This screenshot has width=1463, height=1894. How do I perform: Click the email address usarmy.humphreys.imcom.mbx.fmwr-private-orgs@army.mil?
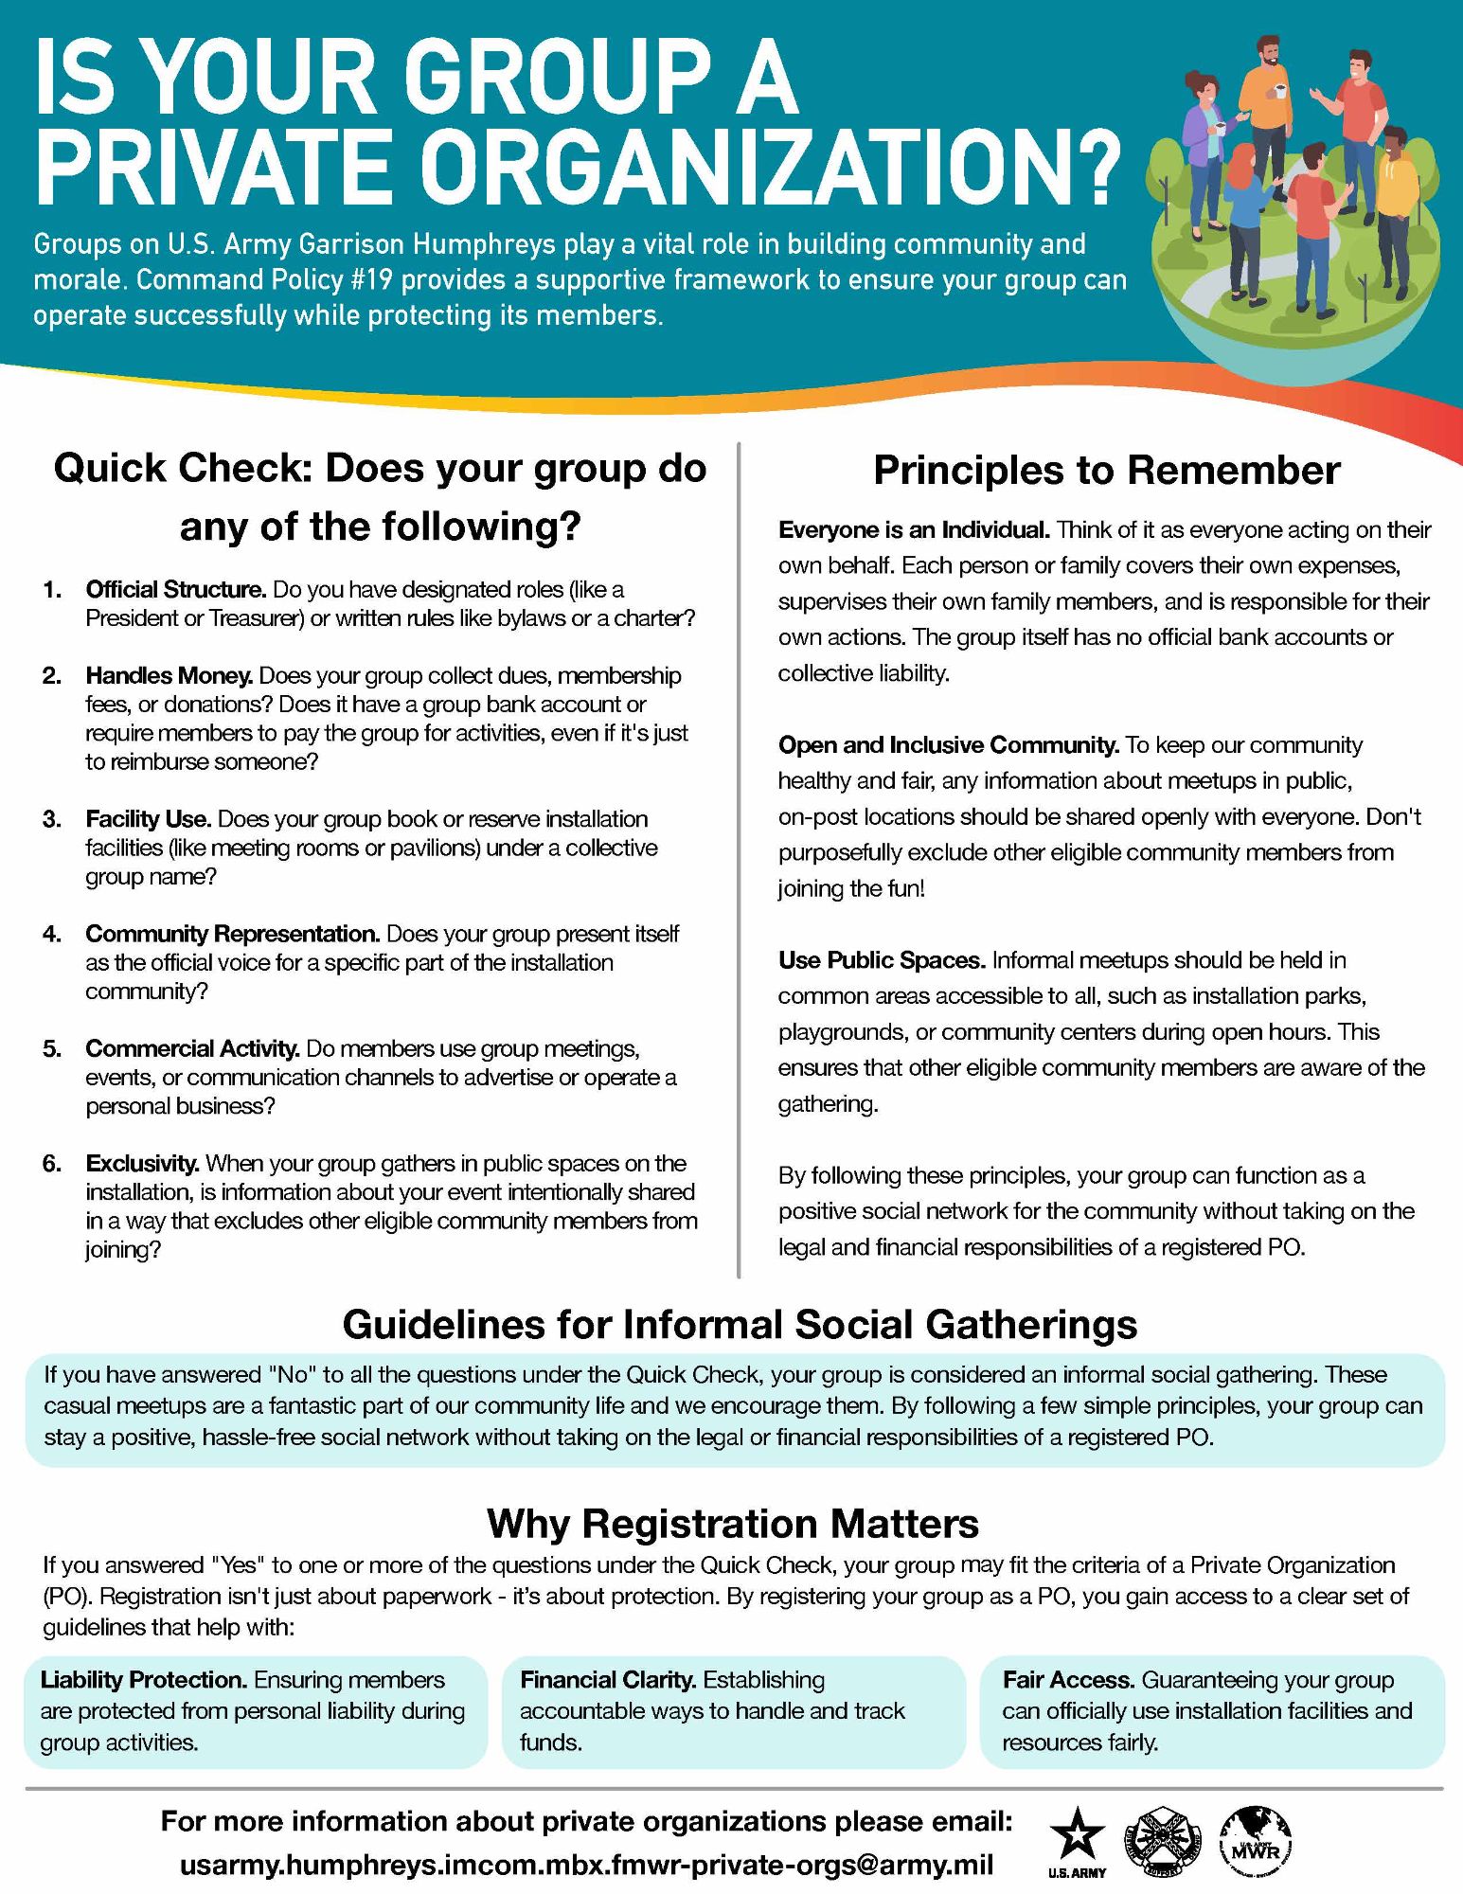(x=586, y=1865)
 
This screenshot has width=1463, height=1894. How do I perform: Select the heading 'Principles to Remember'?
(x=1106, y=471)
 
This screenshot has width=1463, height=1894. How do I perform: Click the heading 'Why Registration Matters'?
(x=732, y=1524)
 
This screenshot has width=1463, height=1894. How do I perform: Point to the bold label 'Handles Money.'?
(x=169, y=676)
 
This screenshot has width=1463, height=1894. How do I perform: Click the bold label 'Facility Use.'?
(x=150, y=819)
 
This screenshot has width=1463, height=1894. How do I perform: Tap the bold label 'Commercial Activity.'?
(x=193, y=1048)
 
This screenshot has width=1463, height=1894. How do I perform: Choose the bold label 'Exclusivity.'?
(x=142, y=1163)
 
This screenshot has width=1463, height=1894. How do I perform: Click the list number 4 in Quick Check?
(x=51, y=935)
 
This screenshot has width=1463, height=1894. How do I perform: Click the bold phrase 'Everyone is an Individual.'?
(x=914, y=530)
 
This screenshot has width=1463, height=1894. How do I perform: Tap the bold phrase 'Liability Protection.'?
(x=144, y=1679)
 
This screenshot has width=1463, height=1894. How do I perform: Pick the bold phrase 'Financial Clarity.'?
(x=608, y=1679)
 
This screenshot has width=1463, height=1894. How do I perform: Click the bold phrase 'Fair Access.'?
(x=1068, y=1679)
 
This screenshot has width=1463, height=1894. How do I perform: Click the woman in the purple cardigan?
(x=1202, y=152)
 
